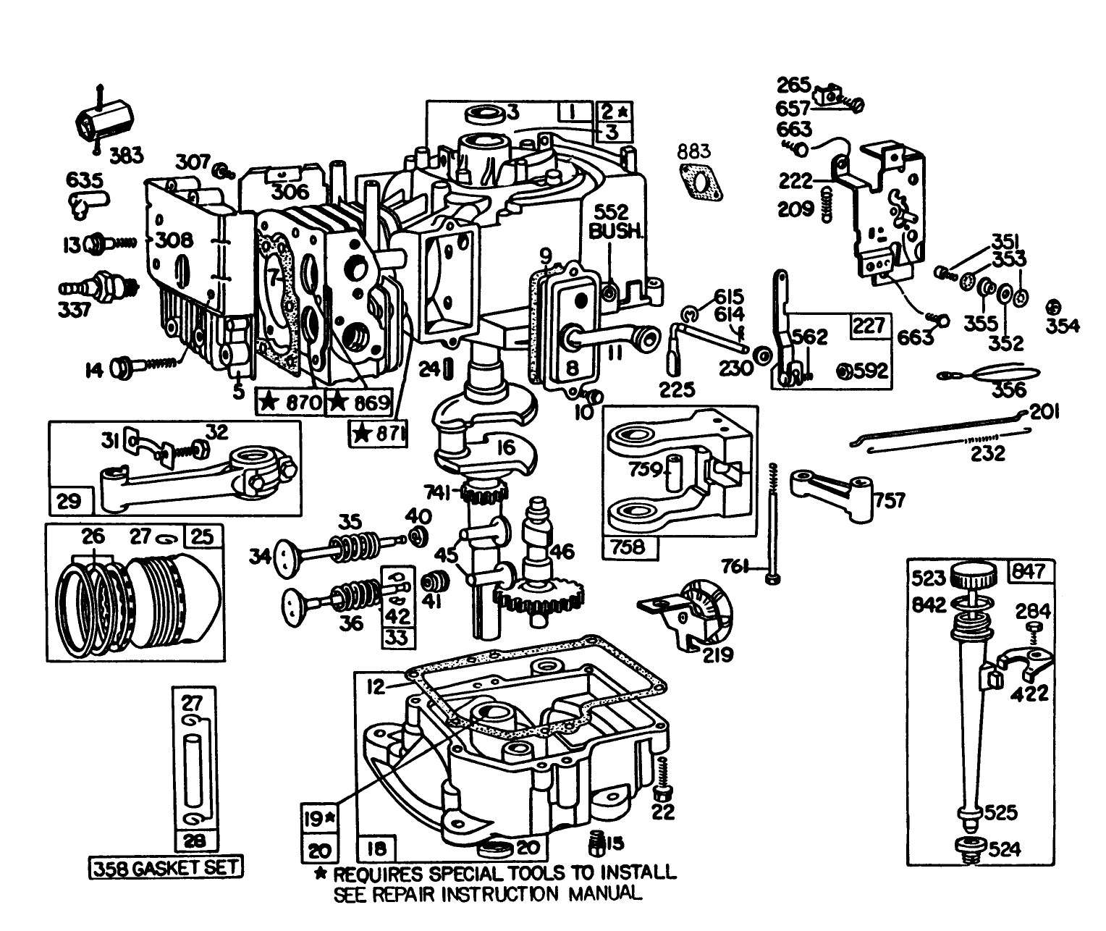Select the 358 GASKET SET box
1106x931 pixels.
pyautogui.click(x=166, y=867)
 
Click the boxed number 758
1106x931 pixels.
pyautogui.click(x=628, y=546)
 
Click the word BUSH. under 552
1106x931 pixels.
pyautogui.click(x=615, y=232)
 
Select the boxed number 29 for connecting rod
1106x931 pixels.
pyautogui.click(x=69, y=500)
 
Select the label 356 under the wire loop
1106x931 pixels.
pyautogui.click(x=1009, y=389)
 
